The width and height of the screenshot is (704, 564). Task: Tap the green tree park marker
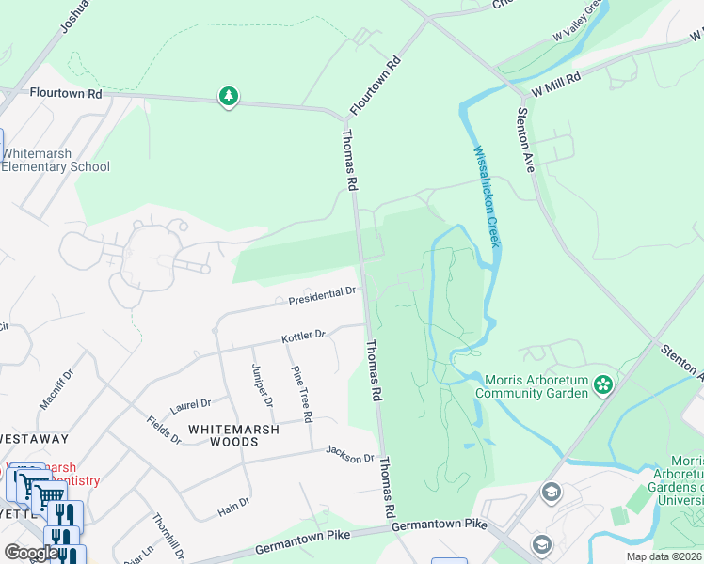pos(228,96)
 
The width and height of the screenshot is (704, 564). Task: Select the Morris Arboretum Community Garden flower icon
pos(603,384)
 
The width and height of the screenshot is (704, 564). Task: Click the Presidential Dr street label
pos(323,295)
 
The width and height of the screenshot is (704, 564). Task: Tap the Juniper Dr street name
pos(262,386)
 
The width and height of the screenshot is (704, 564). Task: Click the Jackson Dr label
pos(350,456)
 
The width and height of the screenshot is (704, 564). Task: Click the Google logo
pos(31,553)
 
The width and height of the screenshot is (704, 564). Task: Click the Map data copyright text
pos(664,556)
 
